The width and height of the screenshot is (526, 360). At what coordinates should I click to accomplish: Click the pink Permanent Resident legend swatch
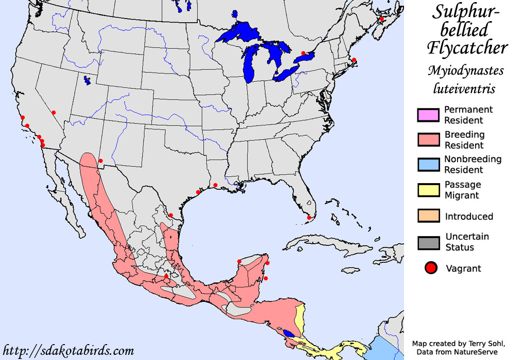pyautogui.click(x=428, y=115)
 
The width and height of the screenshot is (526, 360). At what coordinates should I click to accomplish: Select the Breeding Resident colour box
pyautogui.click(x=428, y=140)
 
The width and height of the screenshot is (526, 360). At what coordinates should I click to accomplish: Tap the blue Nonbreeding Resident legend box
pyautogui.click(x=428, y=165)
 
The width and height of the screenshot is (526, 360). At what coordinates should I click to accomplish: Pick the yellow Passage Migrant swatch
pyautogui.click(x=428, y=190)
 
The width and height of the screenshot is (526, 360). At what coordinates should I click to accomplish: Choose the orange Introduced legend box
pyautogui.click(x=428, y=215)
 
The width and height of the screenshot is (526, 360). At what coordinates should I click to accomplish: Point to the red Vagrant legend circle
pyautogui.click(x=431, y=267)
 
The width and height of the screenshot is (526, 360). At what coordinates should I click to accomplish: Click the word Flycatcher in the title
pyautogui.click(x=467, y=48)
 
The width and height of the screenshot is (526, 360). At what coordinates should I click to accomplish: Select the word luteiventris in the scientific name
pyautogui.click(x=464, y=88)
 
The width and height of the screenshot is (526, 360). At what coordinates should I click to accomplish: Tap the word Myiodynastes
pyautogui.click(x=465, y=71)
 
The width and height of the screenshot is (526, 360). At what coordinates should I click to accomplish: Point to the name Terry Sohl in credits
pyautogui.click(x=481, y=344)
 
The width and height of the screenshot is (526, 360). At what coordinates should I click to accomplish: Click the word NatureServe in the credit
pyautogui.click(x=477, y=352)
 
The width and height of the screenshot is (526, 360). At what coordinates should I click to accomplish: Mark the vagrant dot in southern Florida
pyautogui.click(x=309, y=218)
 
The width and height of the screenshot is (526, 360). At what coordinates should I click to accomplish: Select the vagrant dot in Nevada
pyautogui.click(x=54, y=113)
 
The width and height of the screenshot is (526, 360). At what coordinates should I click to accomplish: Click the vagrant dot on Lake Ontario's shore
pyautogui.click(x=303, y=53)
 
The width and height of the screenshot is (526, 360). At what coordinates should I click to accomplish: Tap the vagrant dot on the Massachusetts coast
pyautogui.click(x=354, y=60)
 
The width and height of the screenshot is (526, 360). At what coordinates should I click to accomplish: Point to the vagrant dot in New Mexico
pyautogui.click(x=101, y=161)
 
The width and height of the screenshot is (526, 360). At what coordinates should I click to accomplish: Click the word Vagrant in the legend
pyautogui.click(x=463, y=268)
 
